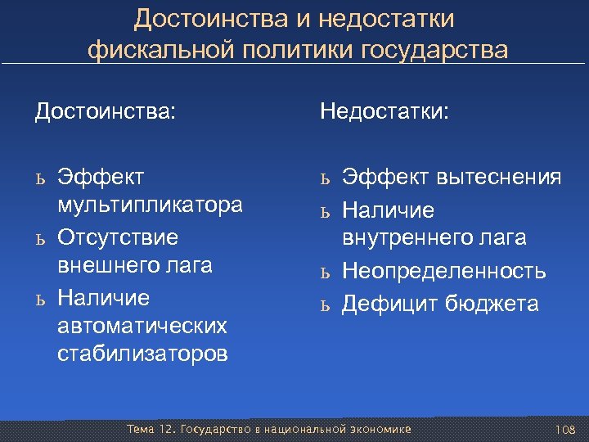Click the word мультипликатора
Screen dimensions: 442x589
tap(151, 205)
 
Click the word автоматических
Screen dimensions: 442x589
tap(142, 326)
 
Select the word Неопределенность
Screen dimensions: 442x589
tap(443, 271)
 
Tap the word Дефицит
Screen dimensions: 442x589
tap(391, 304)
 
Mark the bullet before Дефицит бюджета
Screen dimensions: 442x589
tap(325, 306)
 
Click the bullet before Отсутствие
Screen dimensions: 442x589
tap(39, 238)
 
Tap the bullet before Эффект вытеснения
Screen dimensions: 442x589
tap(325, 178)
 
